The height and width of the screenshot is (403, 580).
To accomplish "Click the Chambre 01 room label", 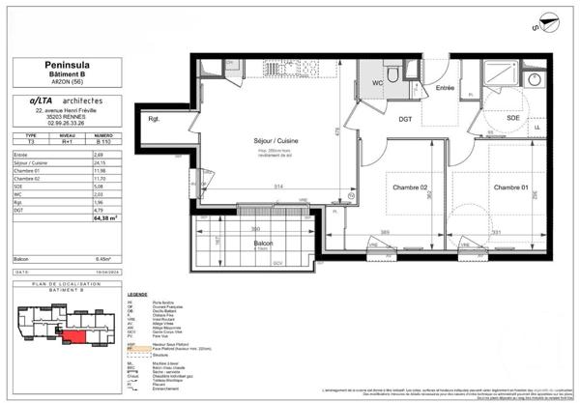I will (x=512, y=187).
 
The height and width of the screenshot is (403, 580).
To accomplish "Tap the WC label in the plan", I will (x=378, y=82).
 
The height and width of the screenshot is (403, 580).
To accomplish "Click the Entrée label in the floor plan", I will (x=445, y=88).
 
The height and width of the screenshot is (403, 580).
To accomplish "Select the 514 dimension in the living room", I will (x=275, y=186).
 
